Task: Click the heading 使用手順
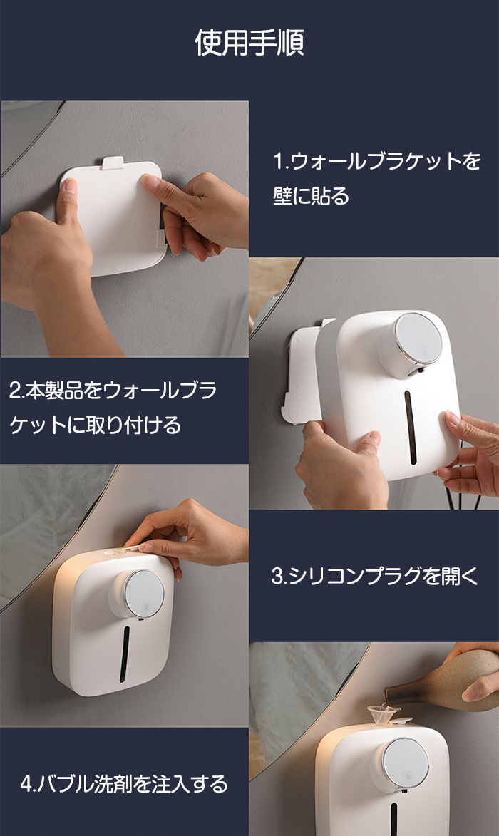pyautogui.click(x=249, y=43)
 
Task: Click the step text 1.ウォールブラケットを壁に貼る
pyautogui.click(x=377, y=178)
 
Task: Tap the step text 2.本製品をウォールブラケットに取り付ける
pyautogui.click(x=113, y=408)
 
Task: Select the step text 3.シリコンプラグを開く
pyautogui.click(x=375, y=576)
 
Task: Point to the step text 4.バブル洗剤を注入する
pyautogui.click(x=124, y=784)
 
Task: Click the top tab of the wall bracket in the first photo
pyautogui.click(x=113, y=162)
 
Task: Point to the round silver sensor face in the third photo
pyautogui.click(x=144, y=594)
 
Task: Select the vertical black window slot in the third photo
pyautogui.click(x=125, y=654)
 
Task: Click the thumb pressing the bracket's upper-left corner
pyautogui.click(x=68, y=201)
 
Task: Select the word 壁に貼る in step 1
pyautogui.click(x=312, y=196)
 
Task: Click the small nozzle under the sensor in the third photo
pyautogui.click(x=140, y=619)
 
